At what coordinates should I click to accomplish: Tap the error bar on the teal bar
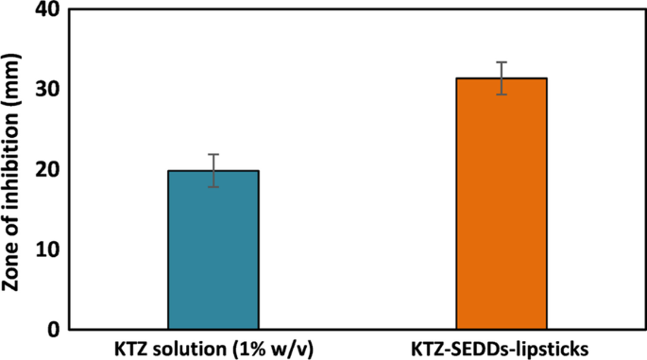click(213, 170)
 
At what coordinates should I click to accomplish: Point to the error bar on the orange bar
click(502, 78)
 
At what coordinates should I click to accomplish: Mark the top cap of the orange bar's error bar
click(502, 62)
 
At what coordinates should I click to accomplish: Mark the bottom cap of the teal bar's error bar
click(213, 187)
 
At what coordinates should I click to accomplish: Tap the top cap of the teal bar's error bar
click(213, 154)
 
